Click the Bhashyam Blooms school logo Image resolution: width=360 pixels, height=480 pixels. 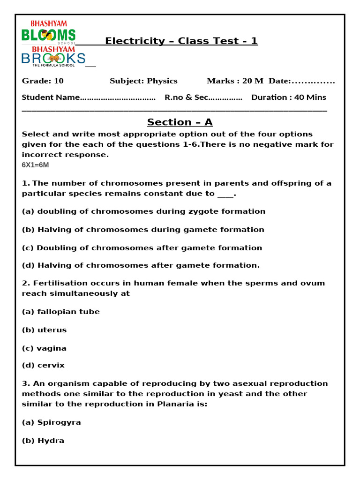(48, 32)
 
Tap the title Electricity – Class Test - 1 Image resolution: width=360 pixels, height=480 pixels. (181, 41)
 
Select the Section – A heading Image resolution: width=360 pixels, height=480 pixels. (180, 122)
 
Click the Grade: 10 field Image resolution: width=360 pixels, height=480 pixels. (43, 81)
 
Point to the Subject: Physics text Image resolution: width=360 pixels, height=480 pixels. (143, 81)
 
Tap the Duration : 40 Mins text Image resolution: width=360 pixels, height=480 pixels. (289, 97)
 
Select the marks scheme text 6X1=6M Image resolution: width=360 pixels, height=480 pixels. (35, 165)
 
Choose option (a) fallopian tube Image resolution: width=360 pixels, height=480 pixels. (61, 312)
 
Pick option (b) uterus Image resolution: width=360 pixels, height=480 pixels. (45, 330)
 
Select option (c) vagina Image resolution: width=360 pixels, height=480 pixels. (45, 348)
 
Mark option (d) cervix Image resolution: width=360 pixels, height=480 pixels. (44, 365)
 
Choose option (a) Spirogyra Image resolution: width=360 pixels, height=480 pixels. (52, 422)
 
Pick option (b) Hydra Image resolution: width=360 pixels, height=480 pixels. (43, 441)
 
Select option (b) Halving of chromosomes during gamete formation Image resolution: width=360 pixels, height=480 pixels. (143, 230)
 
